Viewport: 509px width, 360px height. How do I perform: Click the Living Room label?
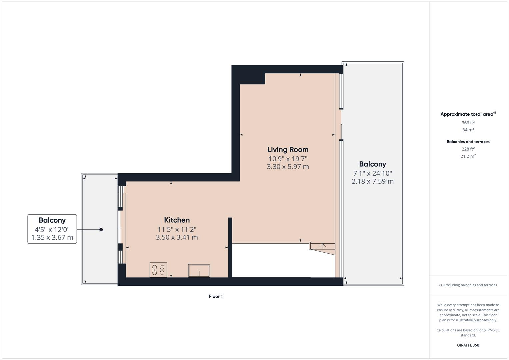tap(288, 149)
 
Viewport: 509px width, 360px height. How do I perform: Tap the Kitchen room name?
tap(177, 220)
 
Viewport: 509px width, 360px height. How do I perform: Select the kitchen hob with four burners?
tap(158, 270)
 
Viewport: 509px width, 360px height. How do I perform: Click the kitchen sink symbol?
tap(199, 271)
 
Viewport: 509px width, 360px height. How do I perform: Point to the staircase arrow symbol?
tap(323, 247)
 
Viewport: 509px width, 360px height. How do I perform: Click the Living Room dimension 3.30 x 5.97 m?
tap(288, 167)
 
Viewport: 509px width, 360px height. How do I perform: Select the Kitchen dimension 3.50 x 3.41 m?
tap(177, 237)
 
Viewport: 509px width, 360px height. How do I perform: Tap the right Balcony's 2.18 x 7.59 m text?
tap(372, 181)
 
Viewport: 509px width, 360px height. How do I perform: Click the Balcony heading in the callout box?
tap(52, 220)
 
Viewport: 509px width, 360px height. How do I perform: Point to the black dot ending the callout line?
tap(101, 230)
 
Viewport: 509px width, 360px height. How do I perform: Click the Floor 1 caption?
tap(216, 296)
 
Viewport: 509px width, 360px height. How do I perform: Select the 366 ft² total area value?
tap(468, 123)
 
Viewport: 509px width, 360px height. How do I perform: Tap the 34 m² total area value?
tap(468, 130)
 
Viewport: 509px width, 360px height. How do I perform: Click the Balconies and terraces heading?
tap(468, 142)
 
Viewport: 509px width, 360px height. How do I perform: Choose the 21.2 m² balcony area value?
tap(468, 156)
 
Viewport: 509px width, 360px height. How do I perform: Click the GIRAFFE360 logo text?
tap(468, 345)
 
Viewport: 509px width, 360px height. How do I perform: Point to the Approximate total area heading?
tap(467, 114)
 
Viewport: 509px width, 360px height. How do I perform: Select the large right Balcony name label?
tap(372, 164)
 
